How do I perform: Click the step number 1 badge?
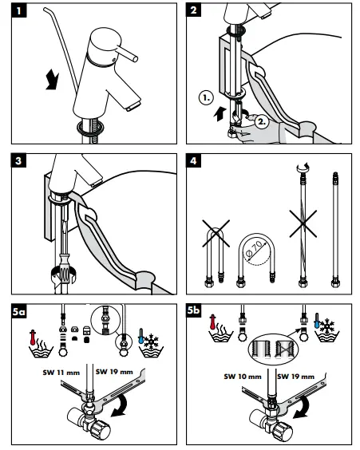click(x=19, y=11)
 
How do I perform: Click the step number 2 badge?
click(x=194, y=10)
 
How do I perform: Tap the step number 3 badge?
click(x=18, y=160)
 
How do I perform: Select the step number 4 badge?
click(x=193, y=160)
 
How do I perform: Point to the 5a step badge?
click(x=19, y=311)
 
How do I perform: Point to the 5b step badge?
click(x=194, y=310)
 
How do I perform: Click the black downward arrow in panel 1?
click(x=52, y=80)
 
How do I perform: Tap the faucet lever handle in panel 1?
click(x=127, y=53)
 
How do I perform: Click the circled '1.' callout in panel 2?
click(x=207, y=98)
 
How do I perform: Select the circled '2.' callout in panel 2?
click(x=262, y=121)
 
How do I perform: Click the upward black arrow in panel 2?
click(x=220, y=113)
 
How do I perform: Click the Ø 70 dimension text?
click(x=254, y=248)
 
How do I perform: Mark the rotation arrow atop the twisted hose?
click(x=303, y=166)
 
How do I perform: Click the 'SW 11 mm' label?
click(x=61, y=373)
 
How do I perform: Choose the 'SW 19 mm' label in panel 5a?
click(x=114, y=372)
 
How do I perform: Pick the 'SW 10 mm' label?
click(x=243, y=377)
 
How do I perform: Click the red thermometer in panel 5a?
click(x=33, y=337)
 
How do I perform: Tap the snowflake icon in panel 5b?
click(x=327, y=326)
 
